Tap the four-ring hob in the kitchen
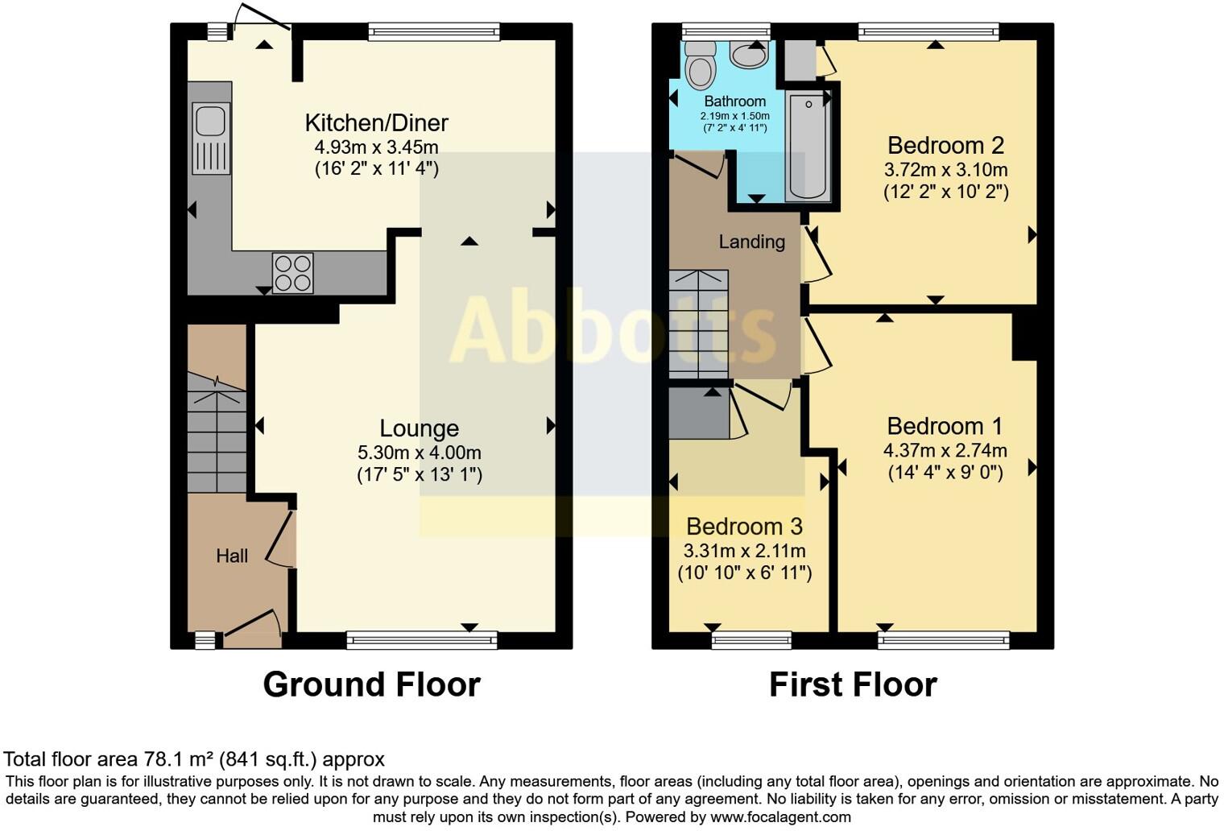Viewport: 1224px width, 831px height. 293,273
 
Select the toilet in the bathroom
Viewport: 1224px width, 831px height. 700,64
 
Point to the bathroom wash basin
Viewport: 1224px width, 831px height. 749,55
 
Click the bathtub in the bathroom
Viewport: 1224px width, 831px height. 808,146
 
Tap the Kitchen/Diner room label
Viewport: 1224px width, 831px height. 376,123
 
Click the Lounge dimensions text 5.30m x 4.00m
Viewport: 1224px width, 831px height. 420,453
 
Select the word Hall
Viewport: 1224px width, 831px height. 232,556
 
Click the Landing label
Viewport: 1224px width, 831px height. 751,242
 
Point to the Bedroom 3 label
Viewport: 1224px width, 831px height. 744,527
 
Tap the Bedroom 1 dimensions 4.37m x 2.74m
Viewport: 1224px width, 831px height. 945,450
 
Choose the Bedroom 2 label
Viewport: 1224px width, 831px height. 945,146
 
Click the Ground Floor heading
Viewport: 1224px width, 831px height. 371,684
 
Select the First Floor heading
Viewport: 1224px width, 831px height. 853,684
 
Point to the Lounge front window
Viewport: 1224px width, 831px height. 422,640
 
